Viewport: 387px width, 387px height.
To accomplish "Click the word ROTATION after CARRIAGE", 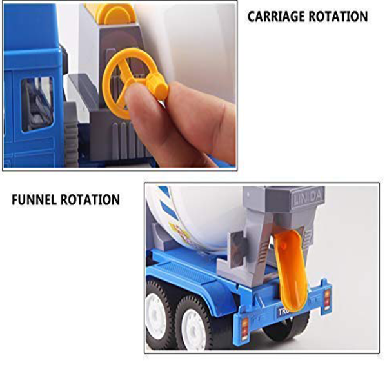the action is pyautogui.click(x=338, y=17).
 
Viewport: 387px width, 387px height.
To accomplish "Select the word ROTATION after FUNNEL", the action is pyautogui.click(x=90, y=200).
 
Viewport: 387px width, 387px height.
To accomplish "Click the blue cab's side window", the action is pyautogui.click(x=37, y=104).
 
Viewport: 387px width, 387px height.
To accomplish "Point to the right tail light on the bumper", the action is pyautogui.click(x=327, y=299).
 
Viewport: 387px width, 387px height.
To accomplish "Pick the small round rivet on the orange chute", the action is pyautogui.click(x=284, y=245).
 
